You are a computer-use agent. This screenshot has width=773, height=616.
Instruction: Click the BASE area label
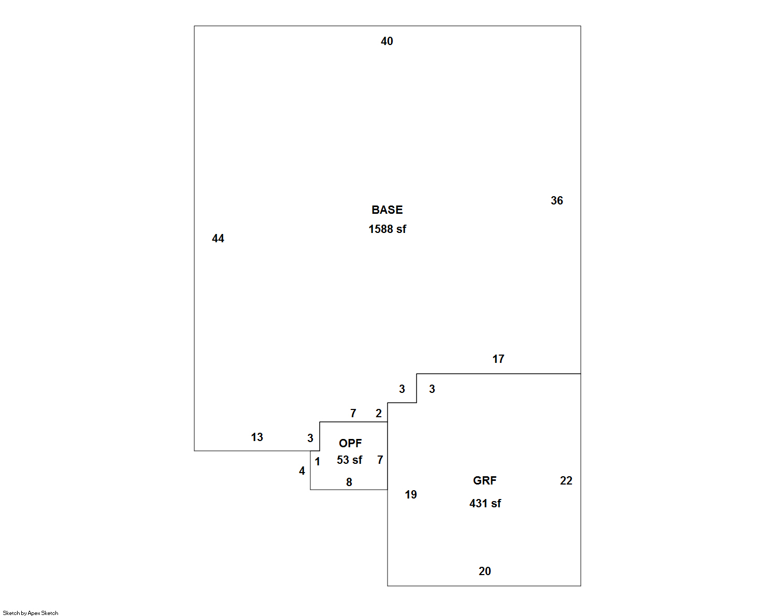click(x=387, y=210)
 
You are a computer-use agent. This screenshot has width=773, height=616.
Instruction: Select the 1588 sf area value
click(x=387, y=229)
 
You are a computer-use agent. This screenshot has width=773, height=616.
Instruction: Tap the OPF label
click(x=350, y=443)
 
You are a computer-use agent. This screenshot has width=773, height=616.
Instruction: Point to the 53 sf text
click(x=350, y=460)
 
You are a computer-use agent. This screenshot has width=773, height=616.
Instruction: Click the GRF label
click(x=484, y=481)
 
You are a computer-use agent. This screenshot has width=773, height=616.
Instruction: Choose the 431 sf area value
click(x=485, y=504)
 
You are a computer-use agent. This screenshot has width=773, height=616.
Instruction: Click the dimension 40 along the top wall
click(x=387, y=41)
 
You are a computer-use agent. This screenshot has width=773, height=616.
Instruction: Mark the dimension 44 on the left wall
click(x=218, y=238)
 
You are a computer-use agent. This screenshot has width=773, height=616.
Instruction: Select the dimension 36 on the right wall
click(x=557, y=201)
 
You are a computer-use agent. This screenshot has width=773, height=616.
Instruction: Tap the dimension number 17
click(x=498, y=359)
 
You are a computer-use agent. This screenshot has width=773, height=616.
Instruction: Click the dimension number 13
click(x=257, y=437)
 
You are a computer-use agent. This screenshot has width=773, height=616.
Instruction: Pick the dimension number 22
click(x=566, y=481)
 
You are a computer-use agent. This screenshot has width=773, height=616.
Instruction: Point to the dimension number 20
click(x=484, y=571)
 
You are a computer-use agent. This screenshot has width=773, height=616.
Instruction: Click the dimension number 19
click(x=411, y=495)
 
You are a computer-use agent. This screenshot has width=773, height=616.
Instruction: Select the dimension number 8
click(x=349, y=482)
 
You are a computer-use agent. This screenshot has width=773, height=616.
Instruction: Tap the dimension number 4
click(x=302, y=471)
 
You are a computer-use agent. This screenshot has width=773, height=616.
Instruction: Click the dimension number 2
click(x=379, y=414)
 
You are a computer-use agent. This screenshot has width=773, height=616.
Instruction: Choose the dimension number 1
click(x=318, y=462)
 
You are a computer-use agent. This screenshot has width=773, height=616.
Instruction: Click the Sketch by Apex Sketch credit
click(x=31, y=613)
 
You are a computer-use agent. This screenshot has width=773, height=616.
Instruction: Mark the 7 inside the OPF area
click(x=380, y=460)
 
